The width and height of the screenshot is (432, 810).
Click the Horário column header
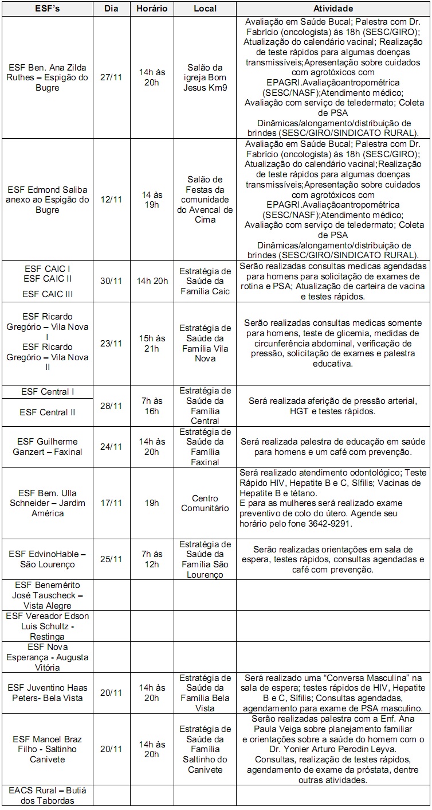tap(152, 9)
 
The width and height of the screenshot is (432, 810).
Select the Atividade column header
tap(333, 9)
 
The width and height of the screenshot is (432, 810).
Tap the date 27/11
tap(111, 77)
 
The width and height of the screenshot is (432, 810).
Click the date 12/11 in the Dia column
tap(111, 200)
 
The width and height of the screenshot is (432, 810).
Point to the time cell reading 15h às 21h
tap(152, 343)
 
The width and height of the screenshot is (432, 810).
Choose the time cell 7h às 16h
tap(152, 406)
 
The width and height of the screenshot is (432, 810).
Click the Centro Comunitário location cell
tap(205, 503)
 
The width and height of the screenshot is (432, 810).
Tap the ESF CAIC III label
tap(48, 294)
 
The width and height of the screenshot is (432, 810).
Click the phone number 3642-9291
tap(331, 524)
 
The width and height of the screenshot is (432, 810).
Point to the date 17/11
tap(111, 503)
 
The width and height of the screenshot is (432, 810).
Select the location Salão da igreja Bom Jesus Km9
tap(205, 77)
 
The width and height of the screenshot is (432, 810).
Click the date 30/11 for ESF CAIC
tap(111, 281)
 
